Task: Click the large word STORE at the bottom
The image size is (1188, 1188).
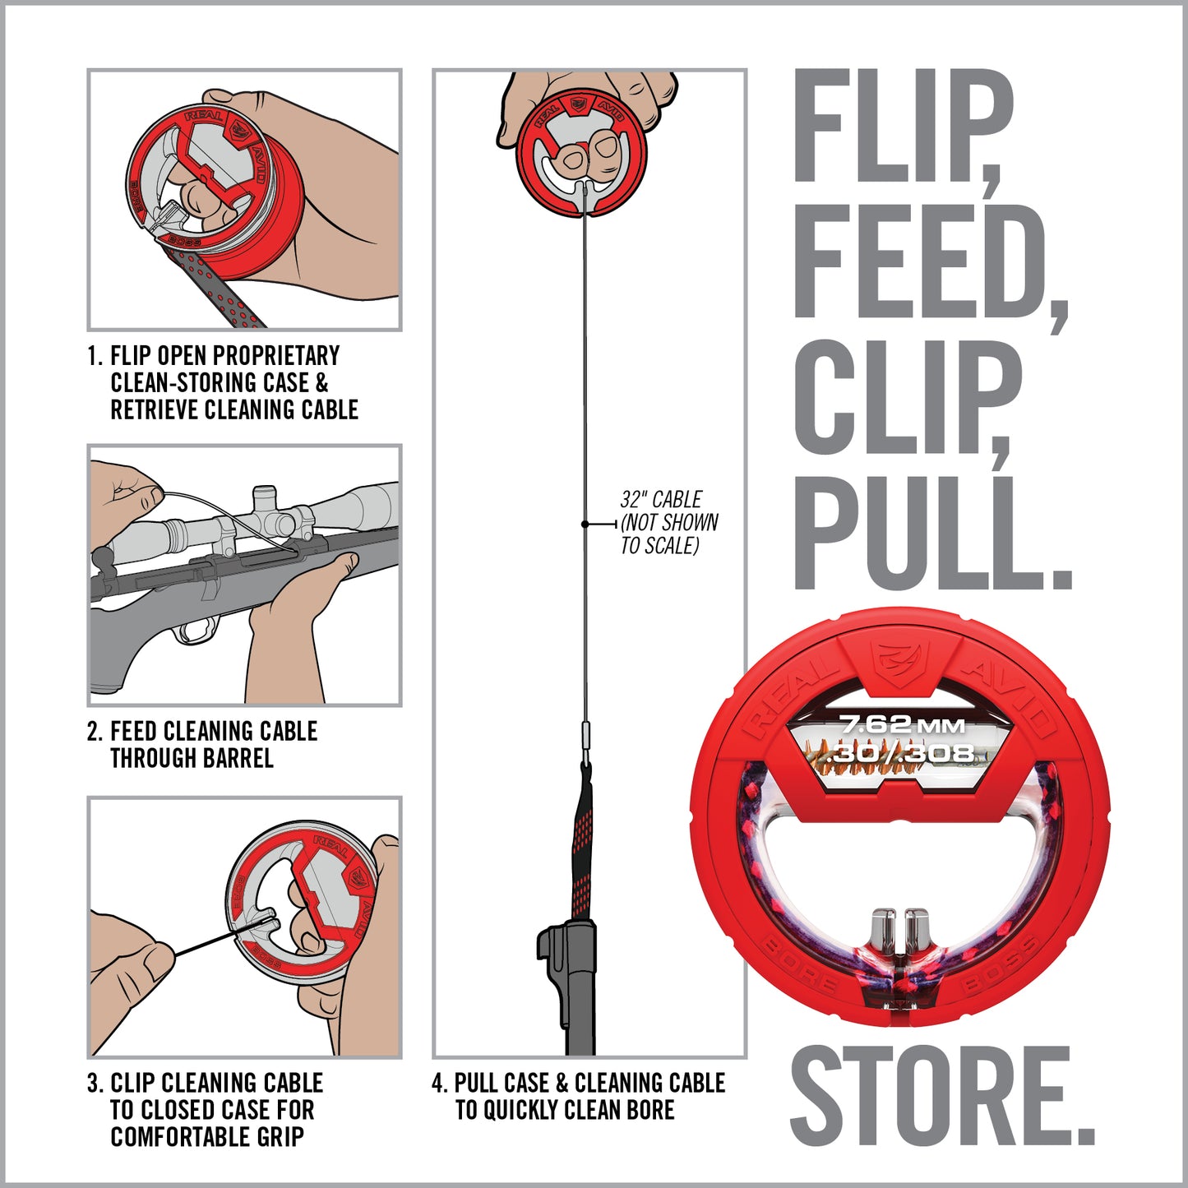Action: pyautogui.click(x=941, y=1098)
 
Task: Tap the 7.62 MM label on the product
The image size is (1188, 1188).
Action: pyautogui.click(x=901, y=725)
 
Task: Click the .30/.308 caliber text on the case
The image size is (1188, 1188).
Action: pyautogui.click(x=903, y=751)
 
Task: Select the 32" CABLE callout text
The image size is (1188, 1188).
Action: pyautogui.click(x=660, y=500)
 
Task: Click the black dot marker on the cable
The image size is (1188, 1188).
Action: pyautogui.click(x=585, y=524)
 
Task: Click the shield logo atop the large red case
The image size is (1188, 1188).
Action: pyautogui.click(x=899, y=659)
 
